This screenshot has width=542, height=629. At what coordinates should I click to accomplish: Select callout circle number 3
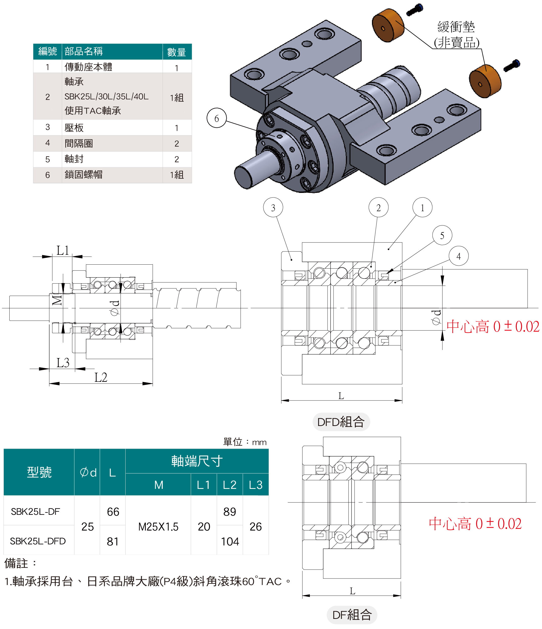273,207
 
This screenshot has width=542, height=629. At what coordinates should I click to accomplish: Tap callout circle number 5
442,235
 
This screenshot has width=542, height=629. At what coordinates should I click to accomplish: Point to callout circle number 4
458,256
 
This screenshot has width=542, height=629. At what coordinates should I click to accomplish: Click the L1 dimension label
63,251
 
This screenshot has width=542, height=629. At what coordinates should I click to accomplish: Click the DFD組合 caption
341,422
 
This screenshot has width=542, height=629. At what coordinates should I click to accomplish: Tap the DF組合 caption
352,615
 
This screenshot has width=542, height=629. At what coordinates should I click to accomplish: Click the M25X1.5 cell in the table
158,526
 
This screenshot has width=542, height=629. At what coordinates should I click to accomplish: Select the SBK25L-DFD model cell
38,541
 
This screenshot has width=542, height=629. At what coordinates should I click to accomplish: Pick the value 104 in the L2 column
230,541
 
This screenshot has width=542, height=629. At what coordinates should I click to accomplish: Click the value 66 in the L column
113,512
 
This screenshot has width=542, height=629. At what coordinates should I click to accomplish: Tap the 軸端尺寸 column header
197,461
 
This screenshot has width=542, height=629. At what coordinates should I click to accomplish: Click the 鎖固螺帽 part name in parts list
84,174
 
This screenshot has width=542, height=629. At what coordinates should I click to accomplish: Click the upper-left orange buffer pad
388,25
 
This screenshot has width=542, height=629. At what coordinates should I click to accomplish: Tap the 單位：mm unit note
245,442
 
